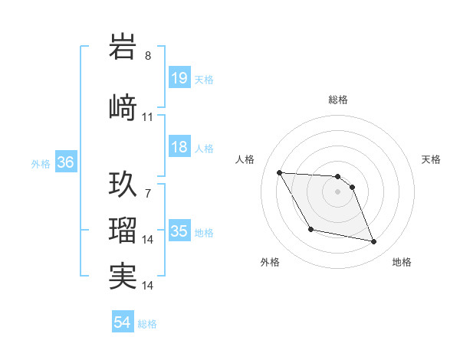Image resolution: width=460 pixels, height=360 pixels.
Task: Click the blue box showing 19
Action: [x=179, y=78]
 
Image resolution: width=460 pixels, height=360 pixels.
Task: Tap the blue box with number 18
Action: [x=179, y=148]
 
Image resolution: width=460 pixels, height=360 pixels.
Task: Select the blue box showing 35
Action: [x=179, y=232]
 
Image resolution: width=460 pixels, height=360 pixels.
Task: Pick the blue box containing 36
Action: [x=65, y=163]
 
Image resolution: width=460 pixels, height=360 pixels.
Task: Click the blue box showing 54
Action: [x=123, y=323]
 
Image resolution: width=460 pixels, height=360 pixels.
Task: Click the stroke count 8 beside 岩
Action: [x=148, y=55]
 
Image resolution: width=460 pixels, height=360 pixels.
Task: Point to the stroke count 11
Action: [x=148, y=117]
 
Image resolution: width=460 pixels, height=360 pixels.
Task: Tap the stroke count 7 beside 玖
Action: [x=148, y=193]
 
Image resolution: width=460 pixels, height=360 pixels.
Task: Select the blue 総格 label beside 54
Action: [x=147, y=324]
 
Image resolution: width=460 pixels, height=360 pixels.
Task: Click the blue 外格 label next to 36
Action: [x=41, y=164]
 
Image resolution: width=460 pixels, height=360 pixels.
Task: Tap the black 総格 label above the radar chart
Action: [x=337, y=100]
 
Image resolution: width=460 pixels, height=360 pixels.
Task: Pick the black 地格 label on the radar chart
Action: [x=402, y=262]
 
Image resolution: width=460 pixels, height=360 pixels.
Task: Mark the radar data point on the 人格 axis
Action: [x=279, y=172]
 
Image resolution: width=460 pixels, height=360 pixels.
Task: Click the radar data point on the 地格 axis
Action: [x=374, y=242]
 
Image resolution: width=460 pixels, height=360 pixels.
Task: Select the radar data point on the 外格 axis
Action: [x=310, y=229]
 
